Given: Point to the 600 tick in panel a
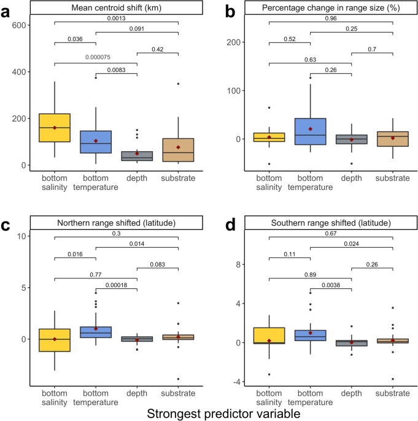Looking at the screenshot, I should pos(17,25).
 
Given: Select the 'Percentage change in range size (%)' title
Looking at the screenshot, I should pos(331,7).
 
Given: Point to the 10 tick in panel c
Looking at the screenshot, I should pos(18,237).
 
